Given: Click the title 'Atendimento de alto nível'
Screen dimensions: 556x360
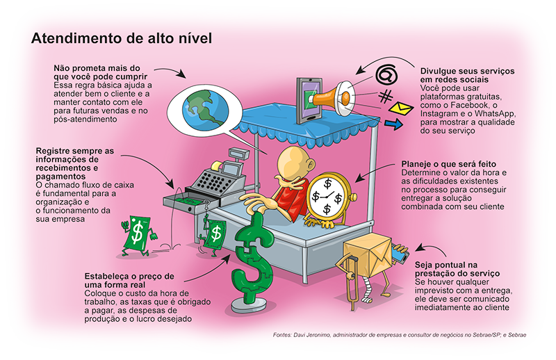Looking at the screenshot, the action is click(122, 38).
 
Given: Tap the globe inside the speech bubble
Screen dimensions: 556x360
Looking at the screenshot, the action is click(205, 109).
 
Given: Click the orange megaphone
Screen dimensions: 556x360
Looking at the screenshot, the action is click(335, 98).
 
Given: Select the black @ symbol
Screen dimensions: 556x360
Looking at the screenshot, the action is click(386, 74).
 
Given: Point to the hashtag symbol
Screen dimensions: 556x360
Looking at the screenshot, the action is click(386, 97).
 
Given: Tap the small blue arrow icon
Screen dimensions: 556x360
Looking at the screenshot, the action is click(393, 124).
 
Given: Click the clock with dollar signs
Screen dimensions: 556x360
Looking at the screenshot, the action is click(328, 196).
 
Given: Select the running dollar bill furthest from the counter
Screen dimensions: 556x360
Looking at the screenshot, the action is click(138, 235).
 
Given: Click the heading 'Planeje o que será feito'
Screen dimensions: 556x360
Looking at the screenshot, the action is click(448, 164).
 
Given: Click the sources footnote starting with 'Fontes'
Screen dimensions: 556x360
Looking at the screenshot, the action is click(400, 335).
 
